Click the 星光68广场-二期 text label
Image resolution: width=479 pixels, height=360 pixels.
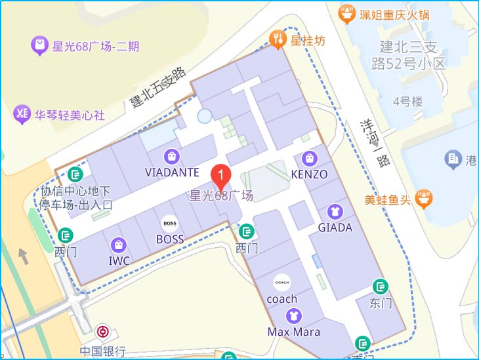pos(96,47)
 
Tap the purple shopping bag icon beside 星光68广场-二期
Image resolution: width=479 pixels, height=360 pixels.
pos(39,46)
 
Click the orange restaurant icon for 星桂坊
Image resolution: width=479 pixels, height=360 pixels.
pos(279,40)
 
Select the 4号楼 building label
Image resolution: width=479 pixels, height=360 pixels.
pos(407,102)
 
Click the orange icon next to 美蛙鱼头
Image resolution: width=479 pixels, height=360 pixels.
pos(424,197)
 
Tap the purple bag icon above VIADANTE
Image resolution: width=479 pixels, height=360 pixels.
pos(171,157)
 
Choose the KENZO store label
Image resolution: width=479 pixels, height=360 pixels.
pos(308,174)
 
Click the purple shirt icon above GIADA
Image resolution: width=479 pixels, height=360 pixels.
pos(335,212)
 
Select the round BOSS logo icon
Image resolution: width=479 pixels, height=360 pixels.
pos(170,224)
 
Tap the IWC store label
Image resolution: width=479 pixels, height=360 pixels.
pos(119,261)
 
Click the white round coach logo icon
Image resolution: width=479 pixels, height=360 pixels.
pos(282,283)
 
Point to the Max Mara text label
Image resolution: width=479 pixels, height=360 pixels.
pos(294,332)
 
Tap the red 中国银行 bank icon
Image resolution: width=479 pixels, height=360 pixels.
pos(102,332)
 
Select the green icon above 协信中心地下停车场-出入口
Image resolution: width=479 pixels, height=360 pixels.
pos(76,174)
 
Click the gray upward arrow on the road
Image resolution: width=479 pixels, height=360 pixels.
pos(24,256)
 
